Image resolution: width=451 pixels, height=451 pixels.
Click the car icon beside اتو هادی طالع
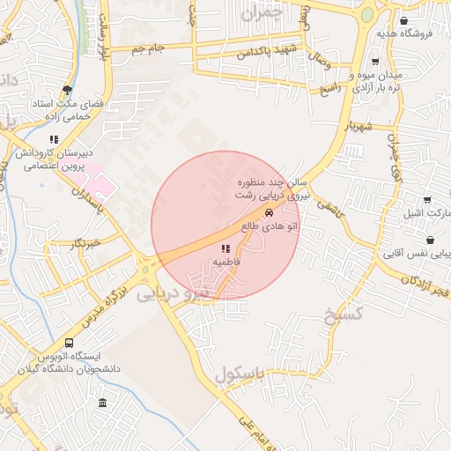(268, 213)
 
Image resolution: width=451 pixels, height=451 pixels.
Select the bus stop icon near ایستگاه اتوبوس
(70, 344)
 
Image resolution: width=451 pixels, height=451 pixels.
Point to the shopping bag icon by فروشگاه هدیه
(403, 21)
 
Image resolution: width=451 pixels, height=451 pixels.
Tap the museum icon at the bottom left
(103, 403)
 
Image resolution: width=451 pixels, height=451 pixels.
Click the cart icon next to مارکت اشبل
(427, 200)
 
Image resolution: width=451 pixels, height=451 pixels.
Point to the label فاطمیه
(225, 262)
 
